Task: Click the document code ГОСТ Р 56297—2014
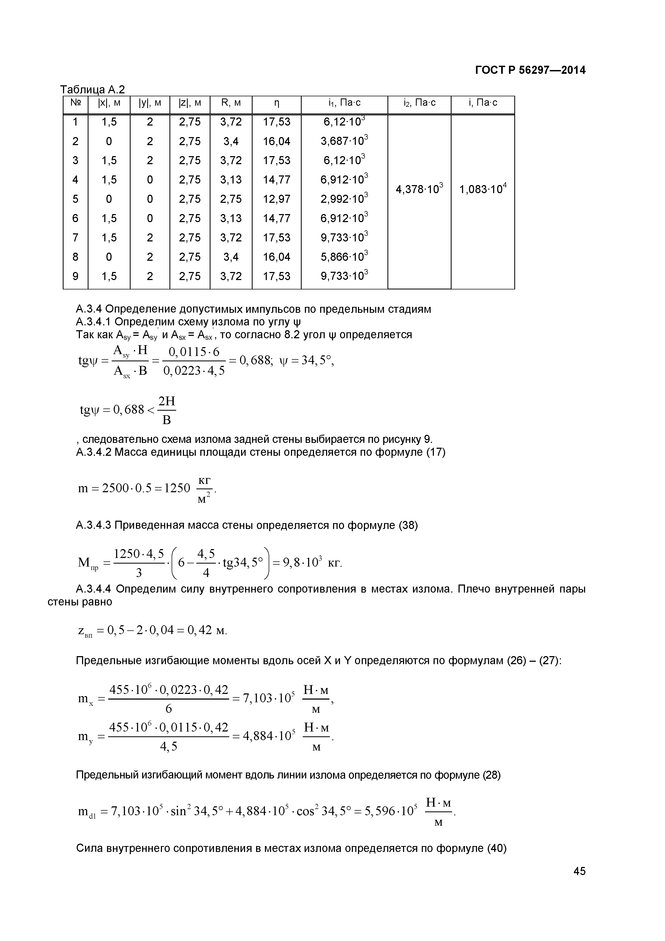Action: point(530,71)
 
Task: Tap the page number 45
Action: point(579,883)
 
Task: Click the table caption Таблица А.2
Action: point(93,89)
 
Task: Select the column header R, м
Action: point(231,103)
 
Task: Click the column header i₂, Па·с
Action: point(419,103)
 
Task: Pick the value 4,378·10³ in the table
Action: point(419,190)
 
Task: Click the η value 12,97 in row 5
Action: point(276,199)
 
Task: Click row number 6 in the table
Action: point(75,218)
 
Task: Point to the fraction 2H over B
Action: point(167,410)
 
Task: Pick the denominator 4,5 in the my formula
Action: point(168,747)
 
